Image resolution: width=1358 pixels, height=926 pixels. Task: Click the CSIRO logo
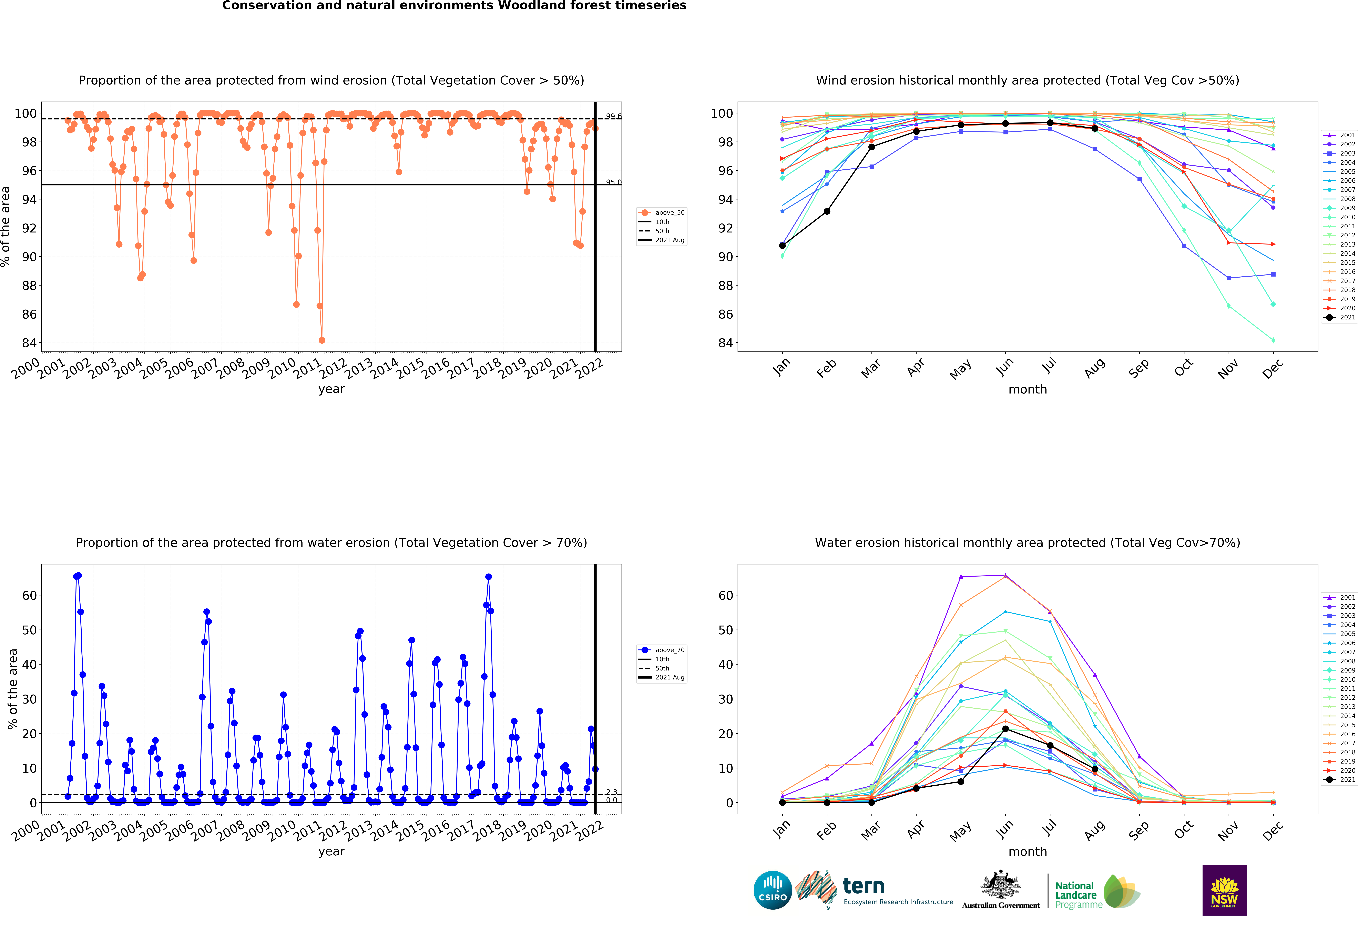tap(773, 890)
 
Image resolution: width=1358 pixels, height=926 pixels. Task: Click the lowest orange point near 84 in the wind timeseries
tap(322, 340)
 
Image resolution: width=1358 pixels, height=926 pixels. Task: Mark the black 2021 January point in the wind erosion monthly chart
tap(782, 246)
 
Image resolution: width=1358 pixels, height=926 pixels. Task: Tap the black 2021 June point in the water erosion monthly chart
tap(1006, 729)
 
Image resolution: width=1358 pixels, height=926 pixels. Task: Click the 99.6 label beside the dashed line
tap(614, 116)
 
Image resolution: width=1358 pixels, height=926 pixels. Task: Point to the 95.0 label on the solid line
tap(614, 182)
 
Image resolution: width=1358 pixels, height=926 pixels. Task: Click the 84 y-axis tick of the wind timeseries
tap(29, 343)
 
